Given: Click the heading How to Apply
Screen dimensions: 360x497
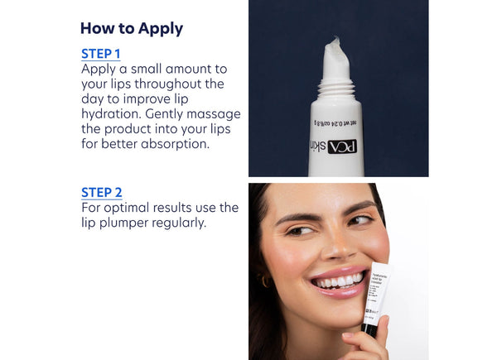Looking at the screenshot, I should (x=131, y=29).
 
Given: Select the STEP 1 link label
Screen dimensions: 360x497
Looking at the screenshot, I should (x=101, y=54).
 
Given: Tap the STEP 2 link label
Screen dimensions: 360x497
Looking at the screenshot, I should (x=101, y=192).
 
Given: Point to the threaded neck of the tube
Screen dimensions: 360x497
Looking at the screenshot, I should (x=336, y=87).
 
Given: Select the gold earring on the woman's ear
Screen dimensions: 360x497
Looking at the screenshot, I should (x=267, y=281).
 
